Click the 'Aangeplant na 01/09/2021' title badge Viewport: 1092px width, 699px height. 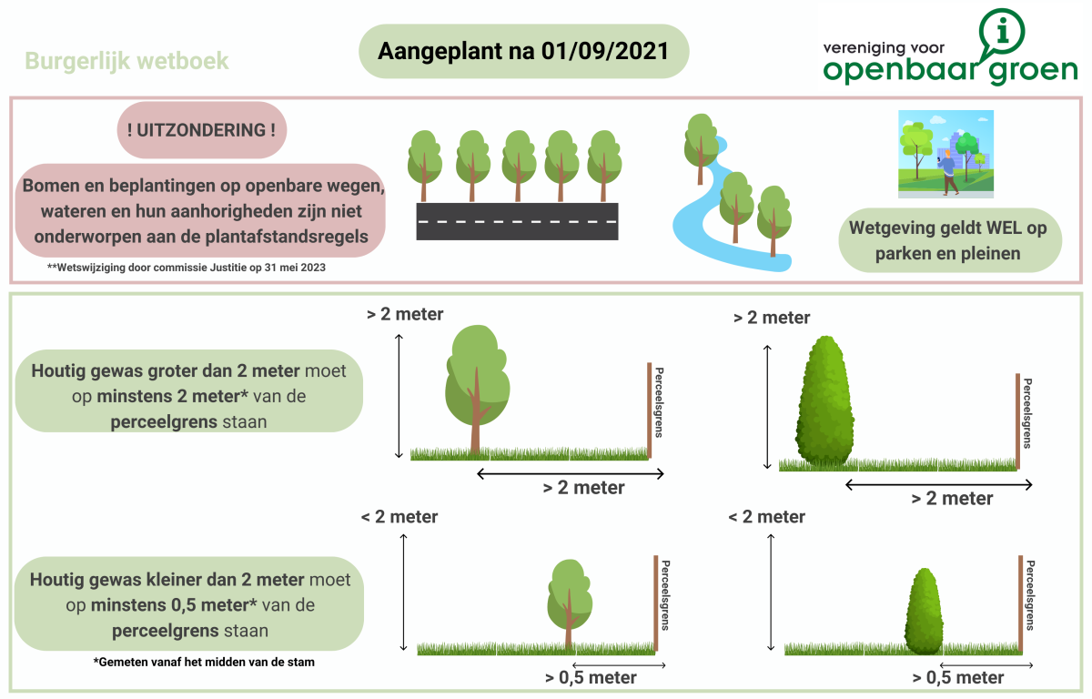tap(523, 51)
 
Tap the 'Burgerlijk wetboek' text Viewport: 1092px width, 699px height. tap(126, 62)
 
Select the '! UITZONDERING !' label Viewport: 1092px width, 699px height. tap(202, 129)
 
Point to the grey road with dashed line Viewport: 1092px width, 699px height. tap(517, 221)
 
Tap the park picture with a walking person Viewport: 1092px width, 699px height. tap(945, 154)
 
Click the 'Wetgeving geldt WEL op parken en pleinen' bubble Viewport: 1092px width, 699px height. tap(948, 240)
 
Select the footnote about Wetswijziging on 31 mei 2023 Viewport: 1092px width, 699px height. tap(187, 268)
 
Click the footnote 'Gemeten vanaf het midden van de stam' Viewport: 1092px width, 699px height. tap(204, 663)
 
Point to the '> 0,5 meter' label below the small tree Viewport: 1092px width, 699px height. tap(591, 677)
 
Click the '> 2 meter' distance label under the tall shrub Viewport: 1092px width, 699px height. tap(952, 498)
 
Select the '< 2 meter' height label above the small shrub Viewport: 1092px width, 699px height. tap(767, 517)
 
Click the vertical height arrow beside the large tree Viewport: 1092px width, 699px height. tap(399, 395)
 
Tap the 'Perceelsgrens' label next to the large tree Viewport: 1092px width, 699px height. tap(659, 401)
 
